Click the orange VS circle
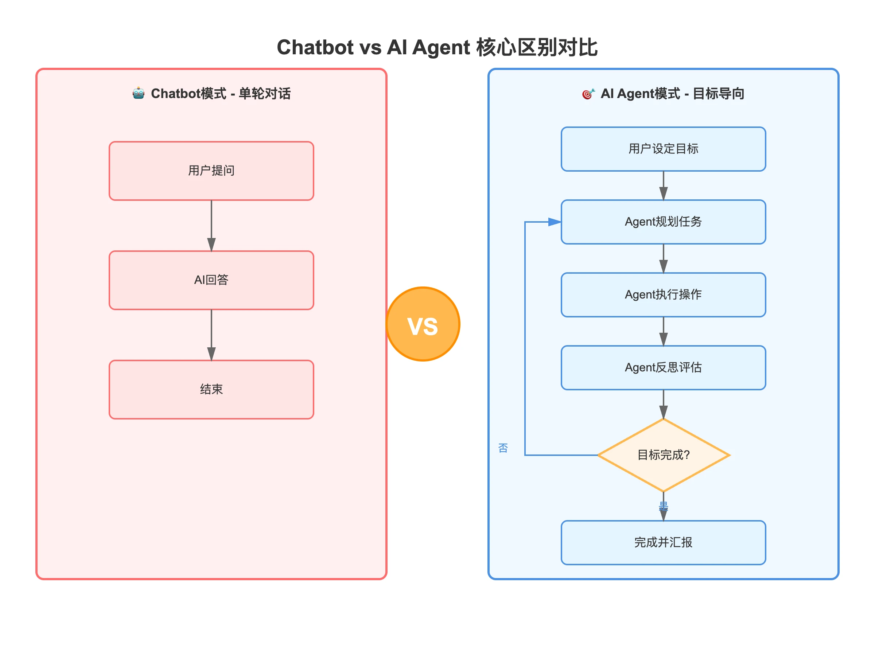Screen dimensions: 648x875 [x=423, y=324]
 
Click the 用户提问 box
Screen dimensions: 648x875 [x=211, y=171]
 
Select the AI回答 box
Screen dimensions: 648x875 [x=211, y=280]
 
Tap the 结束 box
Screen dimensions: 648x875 [x=211, y=390]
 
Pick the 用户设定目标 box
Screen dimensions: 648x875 [x=663, y=149]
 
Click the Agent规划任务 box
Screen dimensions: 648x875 [x=663, y=222]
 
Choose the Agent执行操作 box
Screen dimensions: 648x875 [x=663, y=295]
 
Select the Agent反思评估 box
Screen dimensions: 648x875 [x=663, y=367]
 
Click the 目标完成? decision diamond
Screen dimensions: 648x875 [x=663, y=455]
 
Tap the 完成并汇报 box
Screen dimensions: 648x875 [x=663, y=542]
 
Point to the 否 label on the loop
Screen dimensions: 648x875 [x=503, y=448]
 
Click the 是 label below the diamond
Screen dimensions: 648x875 [x=663, y=506]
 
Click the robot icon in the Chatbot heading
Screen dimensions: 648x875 [x=139, y=93]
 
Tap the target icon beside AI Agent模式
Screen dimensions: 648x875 [x=588, y=94]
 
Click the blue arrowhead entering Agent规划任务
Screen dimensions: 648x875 [x=555, y=222]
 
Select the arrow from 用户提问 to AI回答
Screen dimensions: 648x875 [x=211, y=226]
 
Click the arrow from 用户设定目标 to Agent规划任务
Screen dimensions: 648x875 [x=663, y=186]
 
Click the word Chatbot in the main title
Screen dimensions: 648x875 [x=315, y=47]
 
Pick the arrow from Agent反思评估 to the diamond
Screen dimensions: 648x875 [x=663, y=405]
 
